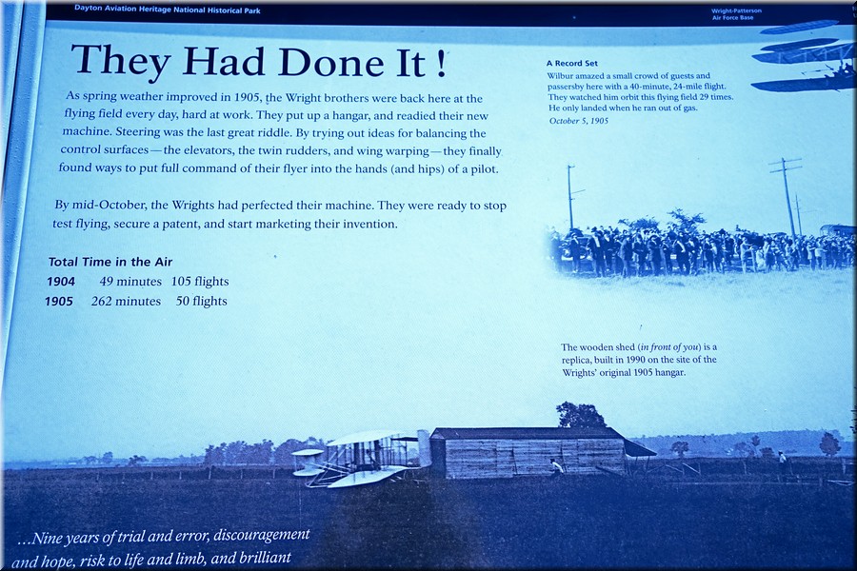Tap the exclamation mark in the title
click(442, 65)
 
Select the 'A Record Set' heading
click(571, 64)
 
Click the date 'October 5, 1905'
click(578, 121)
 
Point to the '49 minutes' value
click(130, 282)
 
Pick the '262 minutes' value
click(126, 301)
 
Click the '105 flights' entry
click(200, 282)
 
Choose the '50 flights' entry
click(201, 301)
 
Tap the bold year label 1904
click(61, 282)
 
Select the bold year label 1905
click(58, 302)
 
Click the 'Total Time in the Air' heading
click(110, 262)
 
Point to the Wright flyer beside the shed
click(355, 458)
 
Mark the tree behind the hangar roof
click(581, 415)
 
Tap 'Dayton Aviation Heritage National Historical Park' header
click(168, 10)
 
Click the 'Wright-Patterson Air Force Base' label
click(736, 14)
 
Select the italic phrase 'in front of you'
click(669, 347)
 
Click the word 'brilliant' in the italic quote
click(265, 559)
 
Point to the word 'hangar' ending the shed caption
click(669, 373)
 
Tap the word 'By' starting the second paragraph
click(62, 206)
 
